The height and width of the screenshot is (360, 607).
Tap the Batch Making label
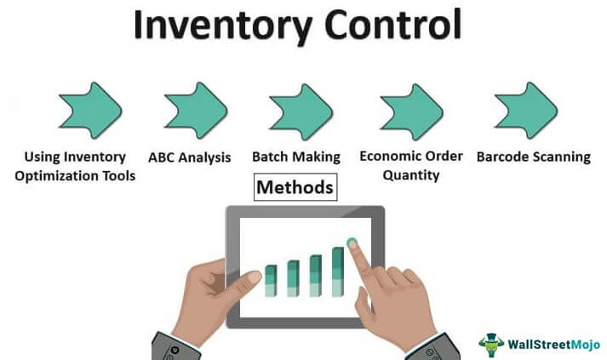click(x=295, y=157)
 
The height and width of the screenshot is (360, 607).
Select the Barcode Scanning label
click(x=533, y=157)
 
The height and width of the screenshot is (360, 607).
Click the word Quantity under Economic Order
click(x=410, y=176)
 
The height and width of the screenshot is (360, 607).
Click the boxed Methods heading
click(x=295, y=186)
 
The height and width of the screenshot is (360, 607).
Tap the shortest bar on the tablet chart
click(x=271, y=281)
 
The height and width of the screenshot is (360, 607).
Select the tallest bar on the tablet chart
click(x=338, y=271)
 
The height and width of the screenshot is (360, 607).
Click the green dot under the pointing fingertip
click(x=352, y=243)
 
